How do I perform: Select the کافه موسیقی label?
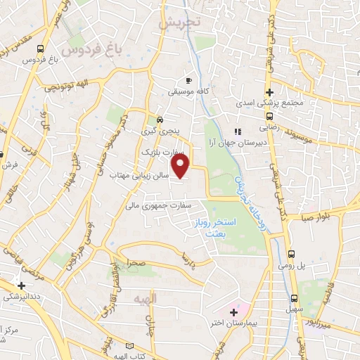(x=187, y=91)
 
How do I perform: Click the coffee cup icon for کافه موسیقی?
(x=188, y=79)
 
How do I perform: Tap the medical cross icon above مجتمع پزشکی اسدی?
(x=269, y=91)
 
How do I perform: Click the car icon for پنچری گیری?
(x=161, y=119)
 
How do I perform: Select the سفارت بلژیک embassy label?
(x=159, y=151)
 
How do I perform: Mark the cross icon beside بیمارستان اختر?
(x=233, y=310)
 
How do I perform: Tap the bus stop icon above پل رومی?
(x=292, y=254)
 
